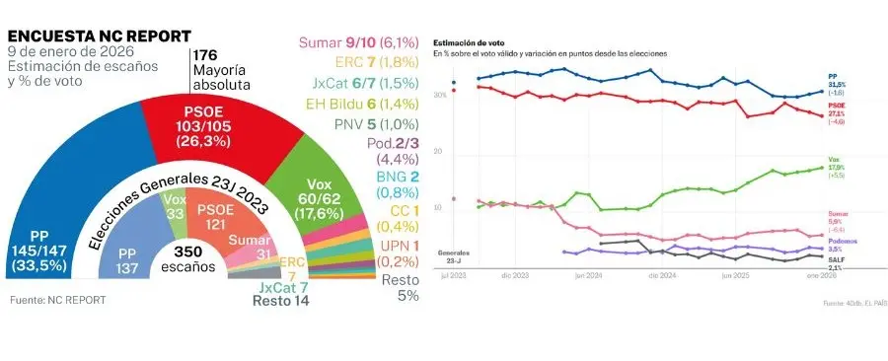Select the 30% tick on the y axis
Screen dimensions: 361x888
(x=439, y=96)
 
